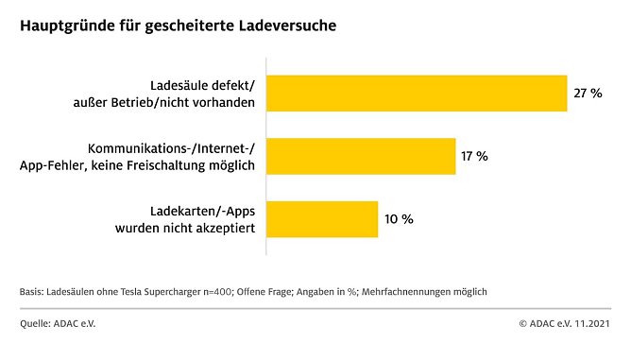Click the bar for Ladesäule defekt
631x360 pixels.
point(416,94)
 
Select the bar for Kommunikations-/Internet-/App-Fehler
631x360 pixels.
point(361,157)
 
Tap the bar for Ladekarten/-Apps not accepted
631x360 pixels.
point(322,219)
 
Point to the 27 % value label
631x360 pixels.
point(587,94)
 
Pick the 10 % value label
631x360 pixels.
point(399,219)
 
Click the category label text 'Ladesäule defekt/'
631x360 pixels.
point(203,85)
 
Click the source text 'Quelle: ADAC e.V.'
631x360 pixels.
point(58,324)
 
